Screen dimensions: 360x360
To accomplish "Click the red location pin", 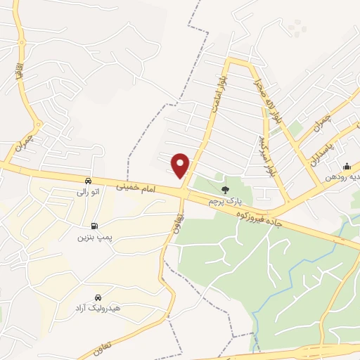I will (x=181, y=165).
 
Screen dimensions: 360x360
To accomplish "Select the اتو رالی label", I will (x=88, y=191).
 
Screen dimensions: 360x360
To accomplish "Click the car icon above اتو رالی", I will (x=88, y=180).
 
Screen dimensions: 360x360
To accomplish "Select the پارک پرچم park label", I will (x=224, y=202).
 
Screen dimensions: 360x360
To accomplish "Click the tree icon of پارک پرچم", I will (x=225, y=190).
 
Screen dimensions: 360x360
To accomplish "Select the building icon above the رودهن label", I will (x=347, y=167).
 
